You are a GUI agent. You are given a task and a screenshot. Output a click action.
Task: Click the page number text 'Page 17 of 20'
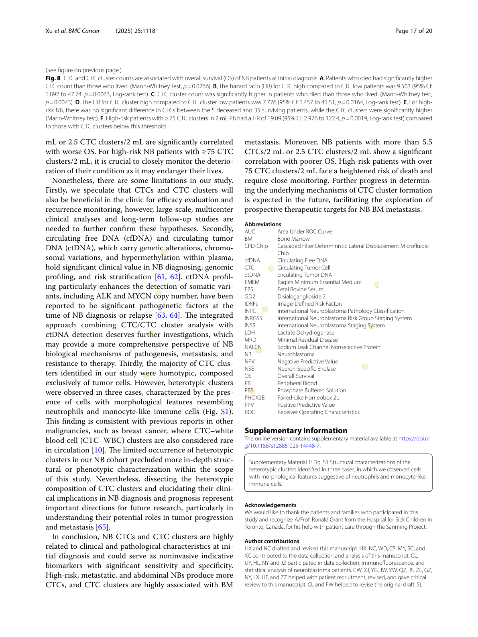(413, 31)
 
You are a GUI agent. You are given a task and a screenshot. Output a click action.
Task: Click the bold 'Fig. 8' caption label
(53, 78)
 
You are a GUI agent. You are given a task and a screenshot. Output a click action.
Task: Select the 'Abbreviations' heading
(263, 224)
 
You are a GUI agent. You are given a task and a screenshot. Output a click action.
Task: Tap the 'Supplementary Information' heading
(296, 430)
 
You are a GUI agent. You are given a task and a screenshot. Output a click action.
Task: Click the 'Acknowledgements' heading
(270, 505)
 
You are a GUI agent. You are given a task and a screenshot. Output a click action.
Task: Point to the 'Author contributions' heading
(272, 541)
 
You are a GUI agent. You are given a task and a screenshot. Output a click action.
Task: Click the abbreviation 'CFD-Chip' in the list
(256, 246)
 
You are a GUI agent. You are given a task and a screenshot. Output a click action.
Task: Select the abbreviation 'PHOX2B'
(254, 398)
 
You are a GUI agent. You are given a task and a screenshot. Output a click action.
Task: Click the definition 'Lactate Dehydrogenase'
(305, 333)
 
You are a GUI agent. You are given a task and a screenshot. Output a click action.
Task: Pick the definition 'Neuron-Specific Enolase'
(306, 369)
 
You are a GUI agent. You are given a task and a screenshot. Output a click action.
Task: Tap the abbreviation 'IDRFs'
(251, 304)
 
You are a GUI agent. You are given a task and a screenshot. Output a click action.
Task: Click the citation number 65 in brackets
(102, 527)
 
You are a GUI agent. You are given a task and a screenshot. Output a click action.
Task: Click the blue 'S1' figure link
(225, 412)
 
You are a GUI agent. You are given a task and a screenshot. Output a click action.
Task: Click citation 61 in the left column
(161, 277)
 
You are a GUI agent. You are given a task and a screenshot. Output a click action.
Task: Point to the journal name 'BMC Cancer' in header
(84, 31)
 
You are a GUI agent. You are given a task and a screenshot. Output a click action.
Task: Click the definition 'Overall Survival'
(295, 376)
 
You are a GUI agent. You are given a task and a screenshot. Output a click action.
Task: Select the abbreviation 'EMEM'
(252, 282)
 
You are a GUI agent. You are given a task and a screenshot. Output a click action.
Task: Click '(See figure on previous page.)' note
(83, 70)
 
